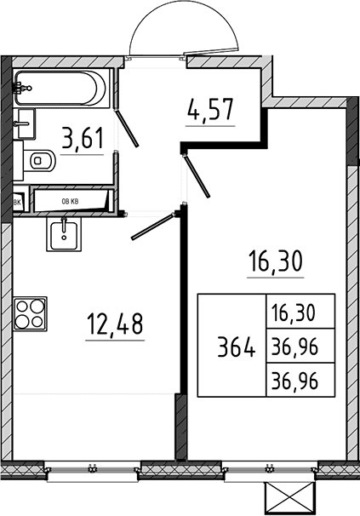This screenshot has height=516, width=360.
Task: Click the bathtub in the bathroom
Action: (61, 89)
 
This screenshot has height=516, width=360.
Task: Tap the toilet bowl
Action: (39, 161)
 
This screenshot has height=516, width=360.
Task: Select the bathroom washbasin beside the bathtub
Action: (25, 123)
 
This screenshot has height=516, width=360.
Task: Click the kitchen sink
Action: (64, 234)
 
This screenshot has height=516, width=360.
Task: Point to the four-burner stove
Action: (30, 313)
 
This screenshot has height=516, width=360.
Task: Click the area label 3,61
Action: (83, 139)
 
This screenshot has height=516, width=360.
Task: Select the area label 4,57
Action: (210, 109)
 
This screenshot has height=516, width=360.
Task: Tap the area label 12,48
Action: (115, 324)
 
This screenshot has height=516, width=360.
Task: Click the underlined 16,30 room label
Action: (276, 261)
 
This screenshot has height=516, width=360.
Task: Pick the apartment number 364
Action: (237, 347)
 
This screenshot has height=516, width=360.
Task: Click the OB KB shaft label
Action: (70, 202)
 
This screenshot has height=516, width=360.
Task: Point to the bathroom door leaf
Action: (127, 128)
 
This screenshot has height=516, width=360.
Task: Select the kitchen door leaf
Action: (154, 226)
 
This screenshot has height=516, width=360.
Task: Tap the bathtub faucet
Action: (21, 89)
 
